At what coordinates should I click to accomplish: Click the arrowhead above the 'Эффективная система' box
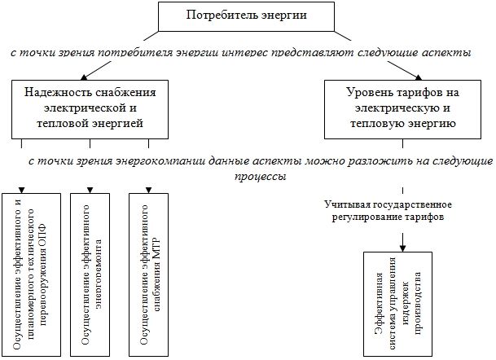click(x=401, y=246)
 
